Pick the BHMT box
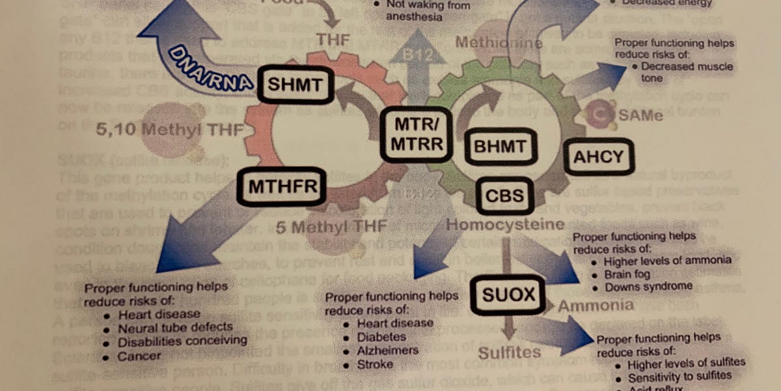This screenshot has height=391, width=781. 499,147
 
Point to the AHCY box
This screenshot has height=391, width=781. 598,156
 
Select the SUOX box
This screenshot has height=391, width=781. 508,296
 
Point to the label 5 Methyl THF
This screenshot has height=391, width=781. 331,227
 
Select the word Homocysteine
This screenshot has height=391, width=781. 504,225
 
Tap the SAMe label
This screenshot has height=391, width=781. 641,116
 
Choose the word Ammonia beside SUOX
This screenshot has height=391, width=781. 596,305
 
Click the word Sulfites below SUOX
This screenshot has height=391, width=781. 510,353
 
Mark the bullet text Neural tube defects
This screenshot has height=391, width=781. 175,327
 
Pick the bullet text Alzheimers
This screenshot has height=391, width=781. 388,350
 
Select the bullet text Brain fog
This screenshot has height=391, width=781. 627,274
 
